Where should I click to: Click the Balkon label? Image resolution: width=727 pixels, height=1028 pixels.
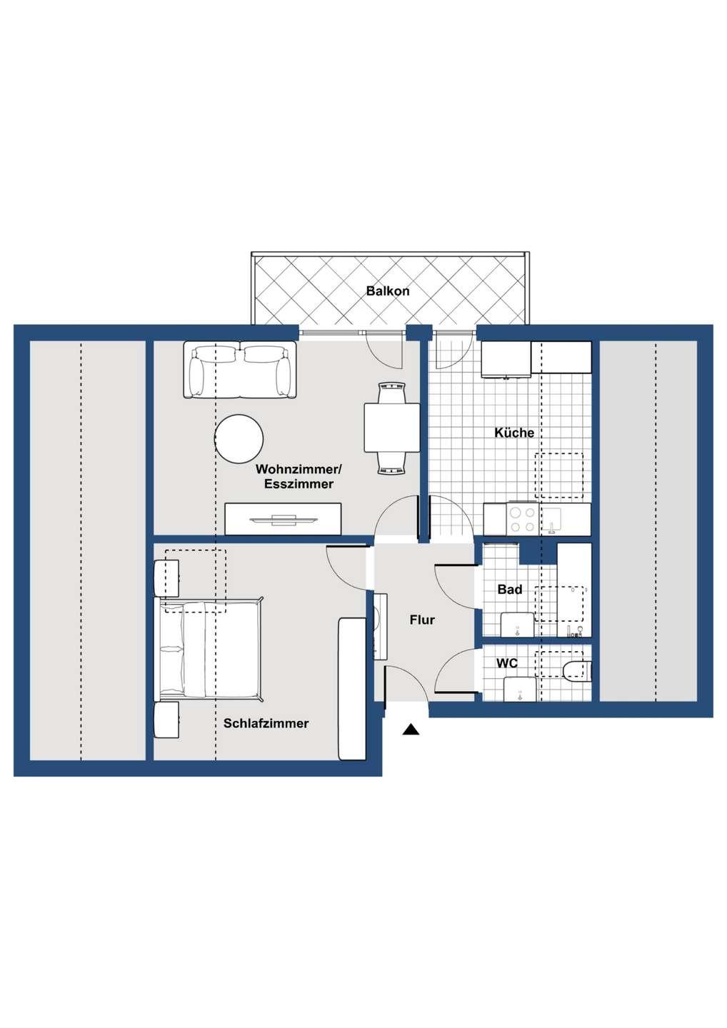pos(388,291)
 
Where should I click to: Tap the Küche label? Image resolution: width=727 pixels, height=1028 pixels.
pos(514,433)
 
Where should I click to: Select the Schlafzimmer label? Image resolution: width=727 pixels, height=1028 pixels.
pos(266,723)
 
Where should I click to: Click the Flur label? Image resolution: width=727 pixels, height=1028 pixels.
pos(422,620)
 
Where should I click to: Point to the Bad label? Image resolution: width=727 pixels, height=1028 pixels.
pos(510,590)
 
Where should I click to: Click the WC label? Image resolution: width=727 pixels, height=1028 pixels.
pos(507,663)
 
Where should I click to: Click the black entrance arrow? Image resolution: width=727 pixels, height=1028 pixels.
pos(410,729)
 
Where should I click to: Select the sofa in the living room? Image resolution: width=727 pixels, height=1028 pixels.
pos(240,370)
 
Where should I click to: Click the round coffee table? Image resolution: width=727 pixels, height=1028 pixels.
pos(239,439)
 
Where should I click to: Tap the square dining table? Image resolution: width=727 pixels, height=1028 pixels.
pos(392,428)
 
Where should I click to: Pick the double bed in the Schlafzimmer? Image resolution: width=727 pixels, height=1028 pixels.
pos(209,649)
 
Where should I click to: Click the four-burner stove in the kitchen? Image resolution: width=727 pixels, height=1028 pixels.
pos(522,519)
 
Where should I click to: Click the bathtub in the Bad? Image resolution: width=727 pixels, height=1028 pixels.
pos(574,590)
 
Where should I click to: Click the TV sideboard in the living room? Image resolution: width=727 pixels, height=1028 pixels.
pos(283,519)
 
